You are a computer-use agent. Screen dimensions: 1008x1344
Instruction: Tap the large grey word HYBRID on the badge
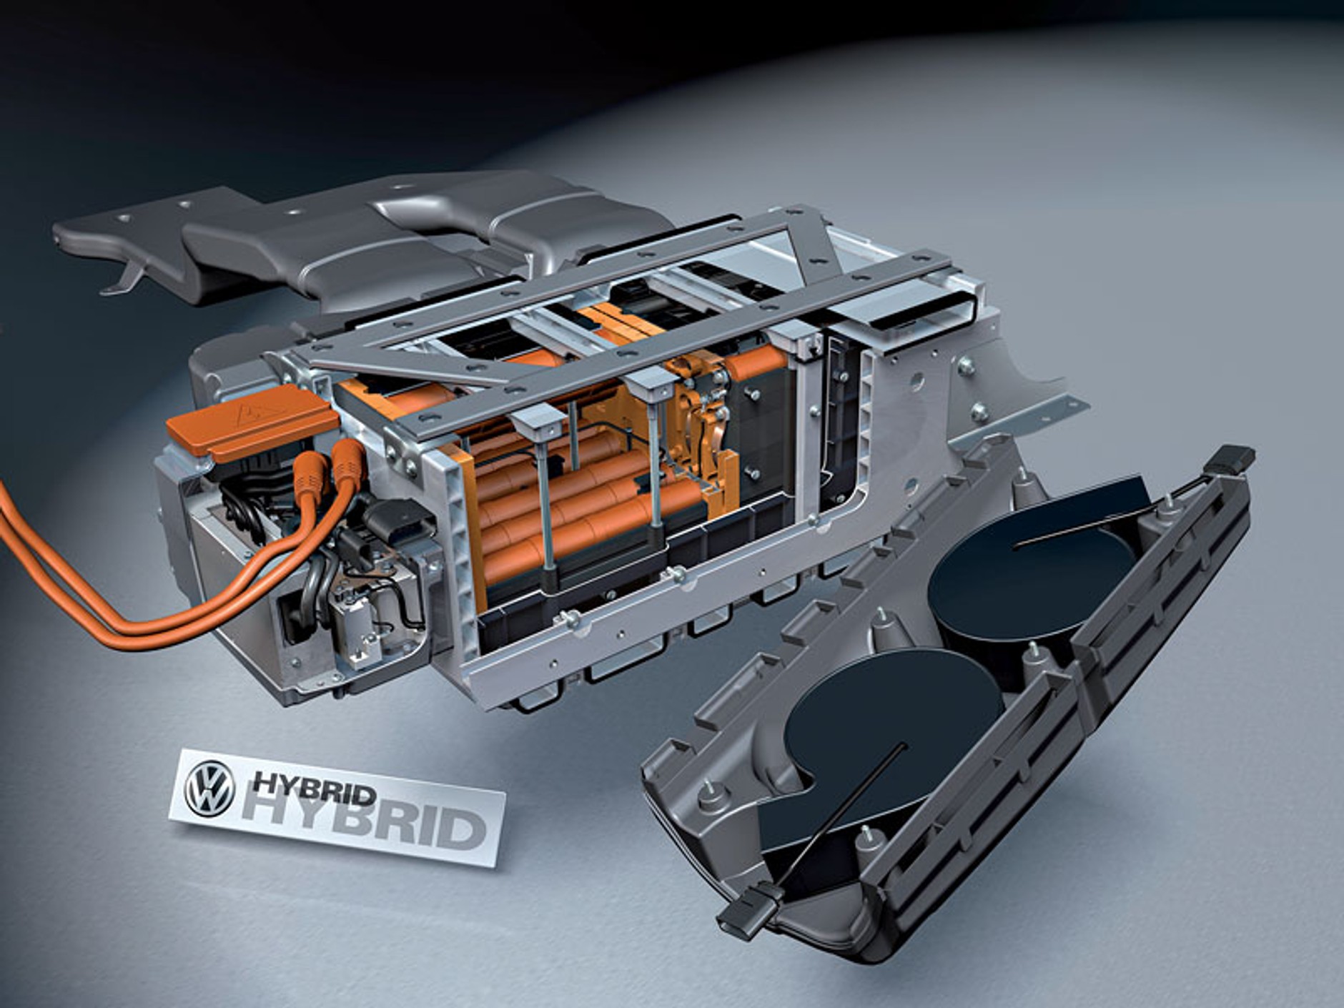(x=361, y=826)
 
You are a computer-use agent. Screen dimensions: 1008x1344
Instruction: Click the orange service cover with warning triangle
(x=251, y=423)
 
